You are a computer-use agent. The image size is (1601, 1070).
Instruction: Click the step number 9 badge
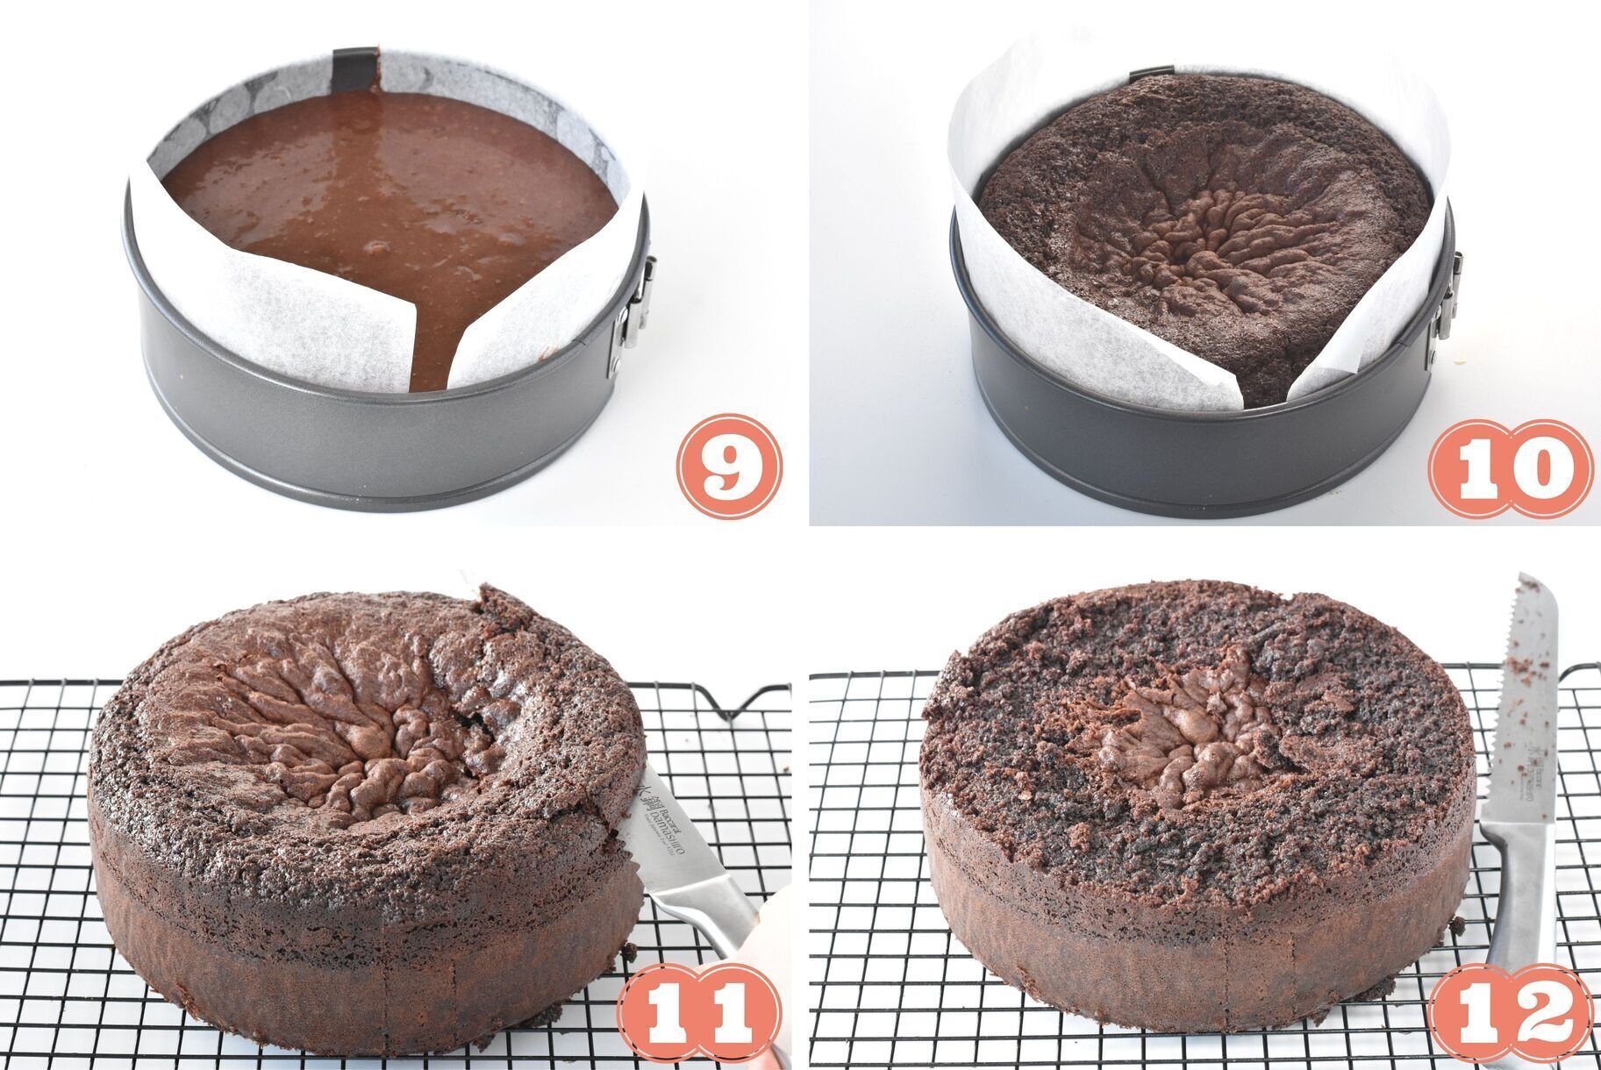(x=727, y=465)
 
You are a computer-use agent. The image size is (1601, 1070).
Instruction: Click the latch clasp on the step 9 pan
(x=638, y=298)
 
